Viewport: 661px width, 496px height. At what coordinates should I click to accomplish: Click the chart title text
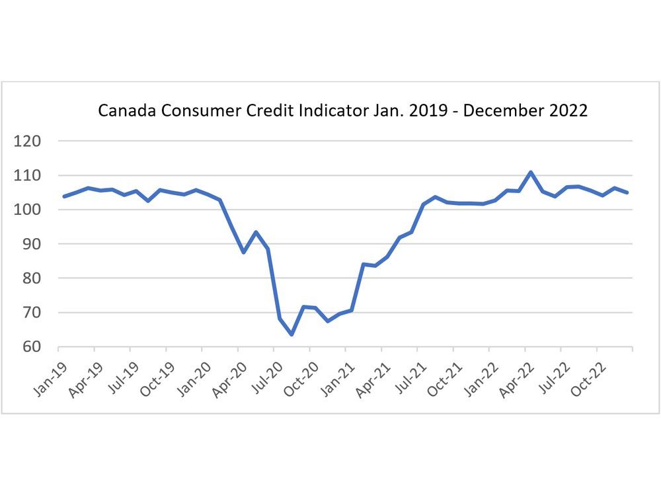click(342, 110)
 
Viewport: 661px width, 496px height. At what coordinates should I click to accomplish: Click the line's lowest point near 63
click(292, 335)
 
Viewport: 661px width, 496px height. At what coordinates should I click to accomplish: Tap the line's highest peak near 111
click(531, 172)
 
